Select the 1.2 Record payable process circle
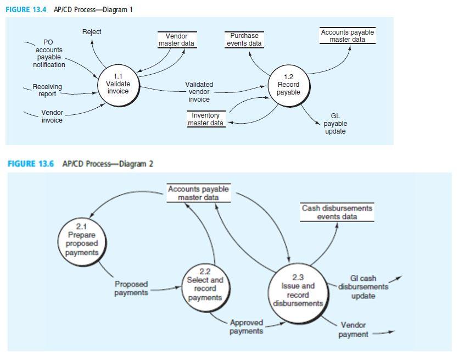coord(288,85)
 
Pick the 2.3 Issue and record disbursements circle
coord(298,291)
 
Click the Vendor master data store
coord(176,40)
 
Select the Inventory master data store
coord(206,119)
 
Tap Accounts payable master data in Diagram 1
coord(347,36)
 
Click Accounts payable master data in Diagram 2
coord(198,193)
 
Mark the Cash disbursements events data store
coord(337,212)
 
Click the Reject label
coord(92,32)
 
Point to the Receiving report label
coord(47,90)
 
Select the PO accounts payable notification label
coord(49,54)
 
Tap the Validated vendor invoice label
coord(199,92)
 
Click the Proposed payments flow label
coord(131,289)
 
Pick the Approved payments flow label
coord(246,326)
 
